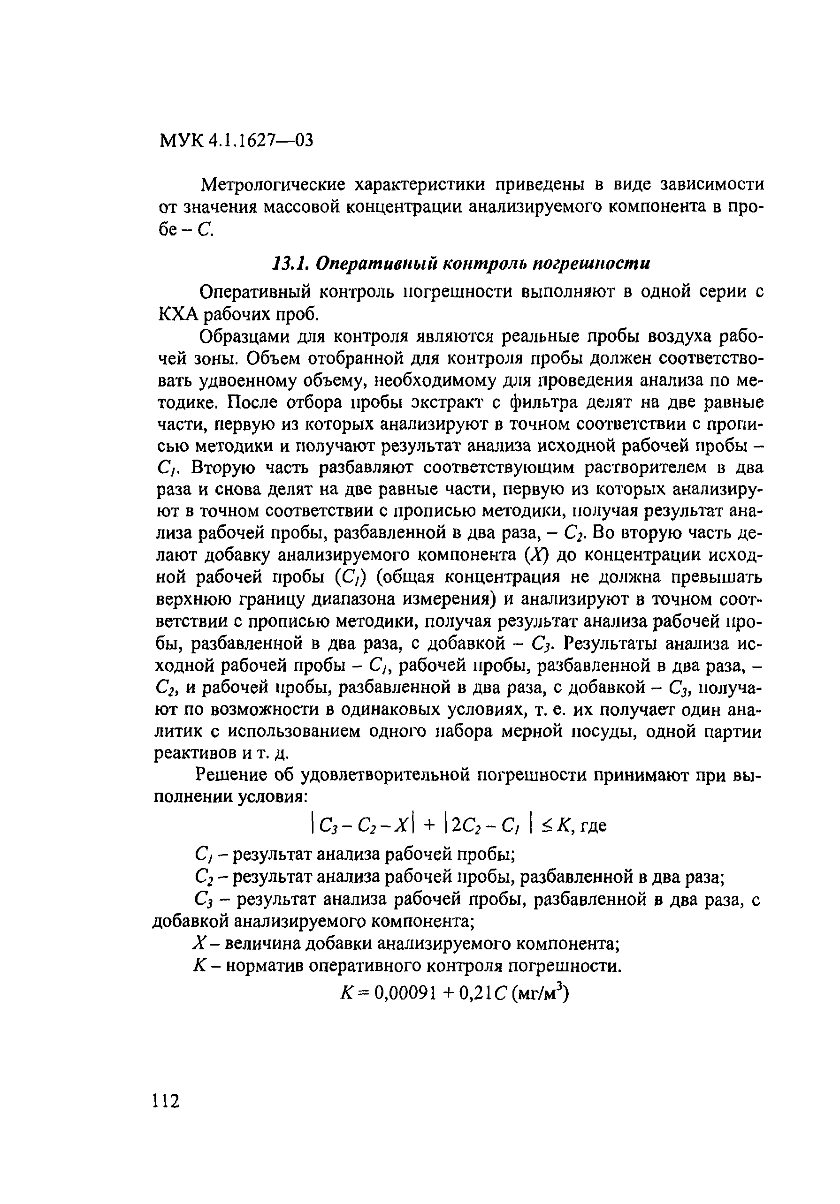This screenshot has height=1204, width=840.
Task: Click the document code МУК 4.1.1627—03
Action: coord(236,141)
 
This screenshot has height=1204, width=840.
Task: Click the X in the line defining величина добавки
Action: coord(199,943)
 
